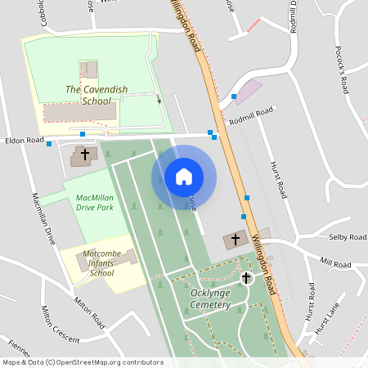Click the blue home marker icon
tap(184, 177)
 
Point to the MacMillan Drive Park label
tap(94, 203)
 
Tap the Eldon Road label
tap(24, 141)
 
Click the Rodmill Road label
tap(251, 116)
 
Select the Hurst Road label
tap(278, 179)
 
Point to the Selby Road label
tap(347, 237)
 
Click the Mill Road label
tap(335, 263)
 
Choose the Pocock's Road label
tap(342, 67)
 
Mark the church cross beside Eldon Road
tap(84, 154)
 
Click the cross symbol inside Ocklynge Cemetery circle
tap(245, 278)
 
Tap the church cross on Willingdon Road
tap(236, 240)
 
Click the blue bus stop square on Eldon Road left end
tap(49, 144)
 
